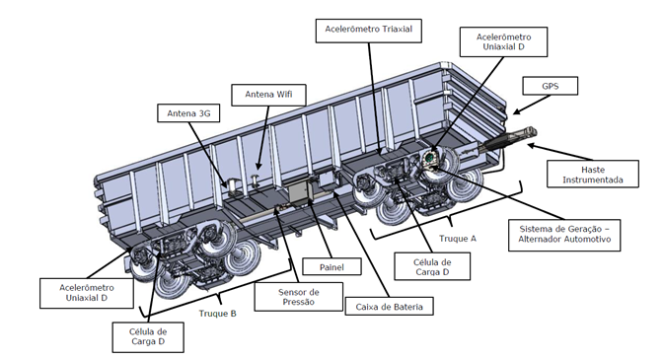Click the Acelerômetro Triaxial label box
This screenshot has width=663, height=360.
[x=368, y=31]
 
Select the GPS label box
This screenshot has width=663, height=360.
[x=550, y=86]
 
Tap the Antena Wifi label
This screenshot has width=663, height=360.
[x=268, y=95]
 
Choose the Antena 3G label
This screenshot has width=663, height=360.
[x=188, y=113]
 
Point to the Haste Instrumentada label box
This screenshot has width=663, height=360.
[x=593, y=175]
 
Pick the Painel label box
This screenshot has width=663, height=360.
[x=331, y=266]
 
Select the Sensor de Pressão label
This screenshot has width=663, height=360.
[x=299, y=297]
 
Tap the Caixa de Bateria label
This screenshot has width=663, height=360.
[x=389, y=307]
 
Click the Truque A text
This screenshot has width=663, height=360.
[x=458, y=239]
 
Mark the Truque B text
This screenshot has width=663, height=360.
[x=217, y=313]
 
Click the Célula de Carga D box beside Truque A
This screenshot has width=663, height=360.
[x=432, y=266]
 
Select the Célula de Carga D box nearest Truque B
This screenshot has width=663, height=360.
[x=148, y=337]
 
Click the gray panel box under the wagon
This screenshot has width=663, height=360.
[x=299, y=192]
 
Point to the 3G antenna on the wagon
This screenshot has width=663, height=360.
[x=232, y=185]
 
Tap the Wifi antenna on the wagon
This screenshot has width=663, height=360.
[x=255, y=180]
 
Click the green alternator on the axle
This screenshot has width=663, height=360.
[x=429, y=159]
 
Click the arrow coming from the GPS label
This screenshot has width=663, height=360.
[x=532, y=105]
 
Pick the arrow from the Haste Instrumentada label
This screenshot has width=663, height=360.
[x=558, y=152]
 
